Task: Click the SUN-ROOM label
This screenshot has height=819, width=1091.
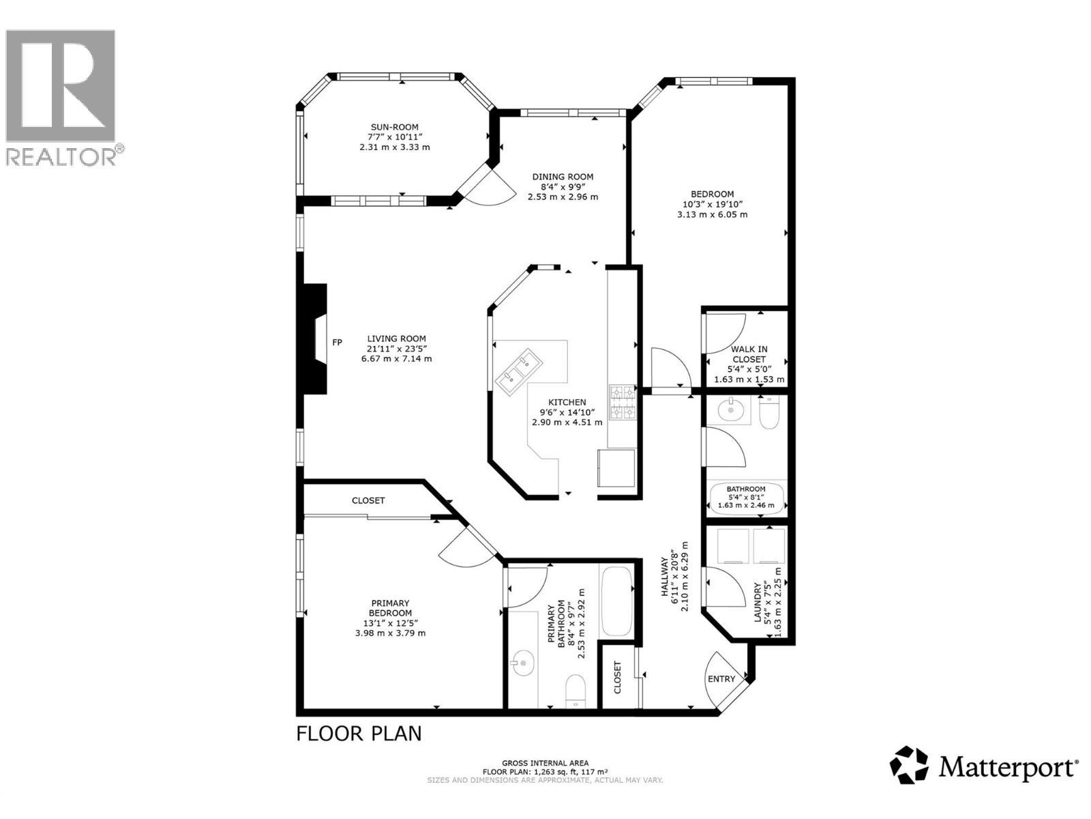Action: point(394,127)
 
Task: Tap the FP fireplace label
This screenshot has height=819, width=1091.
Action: point(337,343)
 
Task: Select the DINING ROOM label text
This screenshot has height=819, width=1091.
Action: point(563,177)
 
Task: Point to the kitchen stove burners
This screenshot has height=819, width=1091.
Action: point(622,402)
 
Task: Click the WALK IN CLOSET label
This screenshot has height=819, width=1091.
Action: point(749,354)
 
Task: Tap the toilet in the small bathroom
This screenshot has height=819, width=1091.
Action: point(768,412)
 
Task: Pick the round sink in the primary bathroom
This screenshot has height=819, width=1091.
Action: point(523,662)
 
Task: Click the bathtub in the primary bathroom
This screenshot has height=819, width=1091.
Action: point(617,601)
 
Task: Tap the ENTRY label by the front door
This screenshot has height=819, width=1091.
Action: point(721,678)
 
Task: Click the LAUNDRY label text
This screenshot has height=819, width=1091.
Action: point(758,602)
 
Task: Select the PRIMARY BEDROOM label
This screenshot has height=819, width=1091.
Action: point(390,607)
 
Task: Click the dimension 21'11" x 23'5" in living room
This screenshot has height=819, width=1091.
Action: point(396,349)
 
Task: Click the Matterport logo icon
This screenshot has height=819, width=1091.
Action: point(909,764)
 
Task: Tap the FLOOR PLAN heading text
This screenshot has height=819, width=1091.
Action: point(359,734)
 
